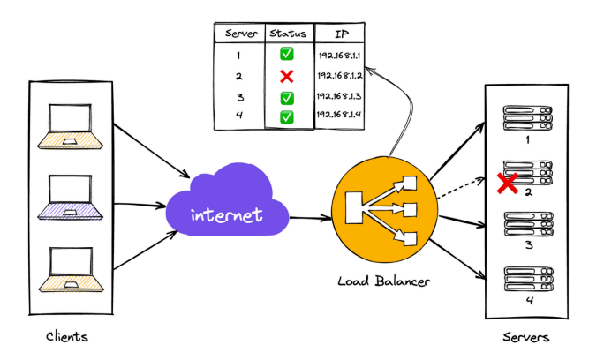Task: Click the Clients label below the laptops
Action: (67, 337)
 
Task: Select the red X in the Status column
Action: (287, 76)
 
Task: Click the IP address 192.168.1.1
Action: (339, 55)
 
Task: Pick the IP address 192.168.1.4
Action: (339, 116)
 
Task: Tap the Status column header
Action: (287, 34)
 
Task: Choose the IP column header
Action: (340, 34)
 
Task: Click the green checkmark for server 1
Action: (287, 55)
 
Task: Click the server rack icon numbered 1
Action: (527, 117)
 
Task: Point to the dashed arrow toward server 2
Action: (459, 186)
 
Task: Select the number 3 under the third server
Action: (528, 245)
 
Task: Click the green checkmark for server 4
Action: (287, 116)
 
